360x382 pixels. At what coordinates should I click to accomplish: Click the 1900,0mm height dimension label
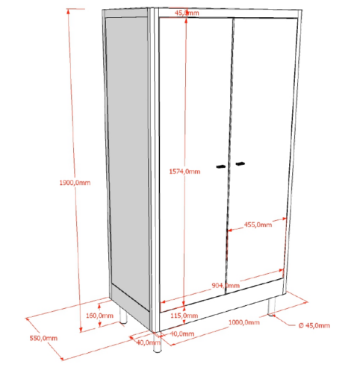pyautogui.click(x=75, y=183)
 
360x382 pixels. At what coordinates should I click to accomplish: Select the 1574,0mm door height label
pyautogui.click(x=184, y=172)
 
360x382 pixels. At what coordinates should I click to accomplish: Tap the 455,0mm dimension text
pyautogui.click(x=258, y=225)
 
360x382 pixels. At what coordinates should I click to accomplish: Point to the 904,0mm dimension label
pyautogui.click(x=226, y=285)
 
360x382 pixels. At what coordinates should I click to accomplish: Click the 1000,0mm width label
pyautogui.click(x=244, y=322)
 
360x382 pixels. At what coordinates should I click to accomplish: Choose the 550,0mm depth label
pyautogui.click(x=43, y=338)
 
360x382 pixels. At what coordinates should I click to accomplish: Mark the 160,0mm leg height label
pyautogui.click(x=99, y=316)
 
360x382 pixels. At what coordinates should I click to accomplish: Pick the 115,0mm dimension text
pyautogui.click(x=184, y=316)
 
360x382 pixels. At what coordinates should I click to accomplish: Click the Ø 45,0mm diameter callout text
pyautogui.click(x=314, y=325)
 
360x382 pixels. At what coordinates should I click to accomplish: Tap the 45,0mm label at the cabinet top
pyautogui.click(x=187, y=13)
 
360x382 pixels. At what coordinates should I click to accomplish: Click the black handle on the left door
pyautogui.click(x=221, y=166)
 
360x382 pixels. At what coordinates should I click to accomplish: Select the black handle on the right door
pyautogui.click(x=240, y=163)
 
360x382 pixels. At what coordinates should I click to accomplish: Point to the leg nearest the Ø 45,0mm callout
pyautogui.click(x=271, y=307)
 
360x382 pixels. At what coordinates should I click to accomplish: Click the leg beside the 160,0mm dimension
pyautogui.click(x=123, y=316)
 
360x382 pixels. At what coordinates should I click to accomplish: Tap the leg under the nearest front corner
pyautogui.click(x=157, y=342)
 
